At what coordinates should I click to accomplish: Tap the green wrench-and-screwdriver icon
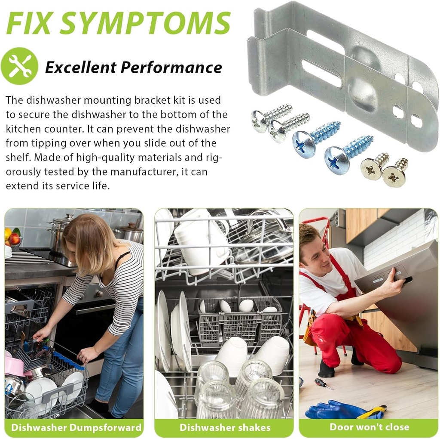click(19, 66)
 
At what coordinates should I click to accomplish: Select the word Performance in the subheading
click(171, 68)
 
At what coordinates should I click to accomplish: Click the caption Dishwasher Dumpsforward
click(76, 427)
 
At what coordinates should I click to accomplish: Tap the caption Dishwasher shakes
click(225, 427)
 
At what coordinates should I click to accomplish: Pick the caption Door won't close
click(369, 427)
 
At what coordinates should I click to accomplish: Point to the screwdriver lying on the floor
click(324, 383)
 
